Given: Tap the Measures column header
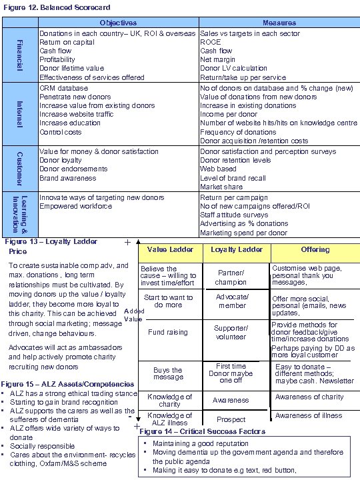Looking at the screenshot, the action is [x=279, y=23].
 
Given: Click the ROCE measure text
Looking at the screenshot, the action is [x=211, y=42].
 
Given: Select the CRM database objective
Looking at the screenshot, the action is [x=64, y=88].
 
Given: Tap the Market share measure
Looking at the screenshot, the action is [x=221, y=187].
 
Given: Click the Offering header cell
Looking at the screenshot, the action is [x=315, y=250].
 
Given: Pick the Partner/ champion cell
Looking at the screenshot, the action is [x=231, y=277].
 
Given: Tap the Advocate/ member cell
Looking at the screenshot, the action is [x=232, y=301].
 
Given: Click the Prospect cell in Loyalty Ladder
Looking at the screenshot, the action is [x=231, y=420].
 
